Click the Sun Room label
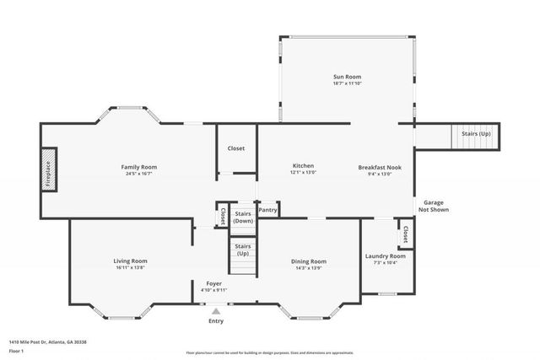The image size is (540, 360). point(347,77)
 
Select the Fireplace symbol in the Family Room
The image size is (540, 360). point(48,173)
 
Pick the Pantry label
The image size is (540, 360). point(268,208)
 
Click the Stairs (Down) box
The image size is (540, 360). point(243,216)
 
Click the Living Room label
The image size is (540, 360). point(131,261)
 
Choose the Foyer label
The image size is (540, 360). point(214,283)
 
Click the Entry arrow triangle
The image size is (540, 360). point(216,311)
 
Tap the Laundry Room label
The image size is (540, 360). point(385,255)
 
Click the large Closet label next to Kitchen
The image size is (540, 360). point(236,148)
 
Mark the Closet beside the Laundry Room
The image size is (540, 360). point(406,232)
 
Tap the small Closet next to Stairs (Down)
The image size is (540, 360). point(223,215)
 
